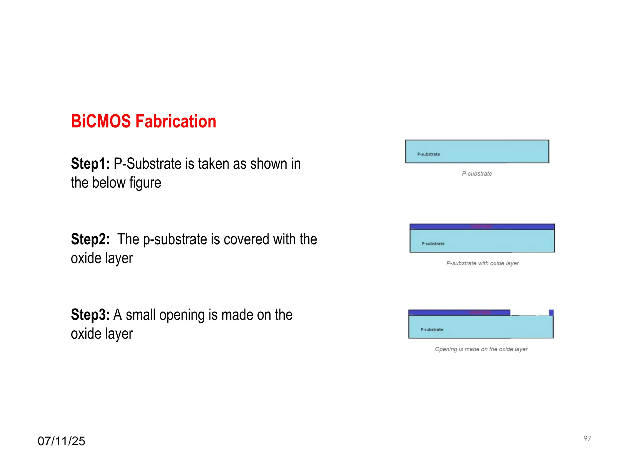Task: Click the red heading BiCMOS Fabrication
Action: coord(143,121)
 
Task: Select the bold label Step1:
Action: coord(90,163)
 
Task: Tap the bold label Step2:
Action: coord(90,239)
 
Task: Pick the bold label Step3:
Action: coord(90,315)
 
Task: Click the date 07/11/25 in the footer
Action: coord(61,441)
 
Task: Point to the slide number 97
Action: coord(587,439)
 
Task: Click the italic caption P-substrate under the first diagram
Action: coord(477,174)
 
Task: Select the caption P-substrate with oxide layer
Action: coord(482,263)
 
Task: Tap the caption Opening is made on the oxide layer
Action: coord(481,349)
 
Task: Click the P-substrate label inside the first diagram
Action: coord(428,154)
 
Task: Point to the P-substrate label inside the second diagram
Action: coord(433,244)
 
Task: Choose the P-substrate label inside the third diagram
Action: coord(432,329)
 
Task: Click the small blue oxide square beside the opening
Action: coord(551,313)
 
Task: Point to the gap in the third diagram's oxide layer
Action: coord(529,313)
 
